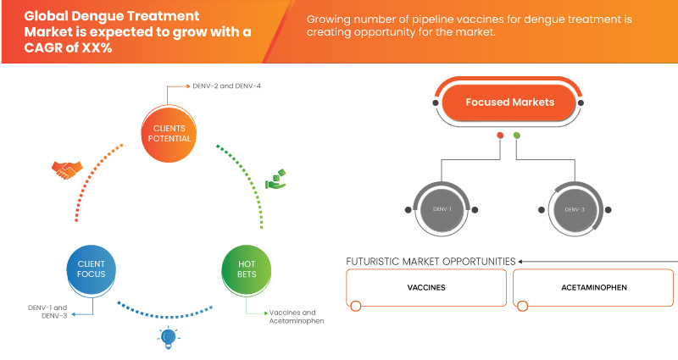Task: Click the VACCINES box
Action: [x=426, y=288]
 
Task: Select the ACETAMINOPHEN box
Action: [x=593, y=288]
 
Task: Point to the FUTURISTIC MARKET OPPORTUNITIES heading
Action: [x=431, y=261]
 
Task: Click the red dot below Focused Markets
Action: [x=501, y=136]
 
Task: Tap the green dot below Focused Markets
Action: [x=517, y=136]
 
